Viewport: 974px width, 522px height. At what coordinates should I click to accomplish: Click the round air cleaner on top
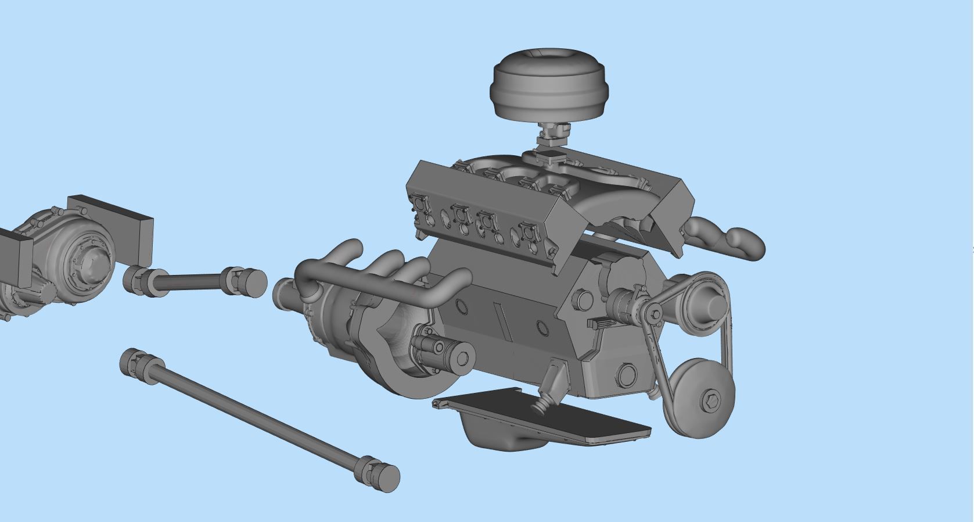click(549, 87)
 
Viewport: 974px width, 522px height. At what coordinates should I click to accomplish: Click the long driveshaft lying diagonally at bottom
click(256, 416)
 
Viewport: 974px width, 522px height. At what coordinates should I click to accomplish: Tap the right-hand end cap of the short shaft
click(254, 284)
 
